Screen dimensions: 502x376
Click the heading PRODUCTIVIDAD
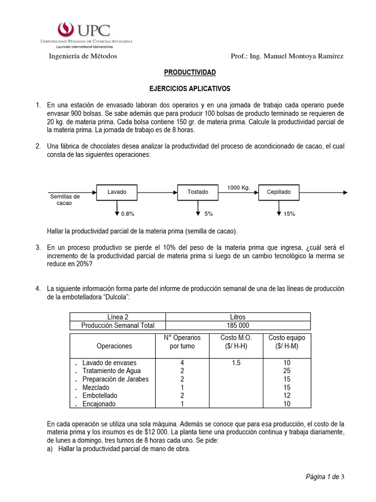click(189, 72)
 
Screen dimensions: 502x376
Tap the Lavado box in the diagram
click(117, 192)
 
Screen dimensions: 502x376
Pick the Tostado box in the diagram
click(198, 192)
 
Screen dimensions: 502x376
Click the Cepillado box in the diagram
click(279, 192)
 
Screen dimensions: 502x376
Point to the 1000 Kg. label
click(238, 187)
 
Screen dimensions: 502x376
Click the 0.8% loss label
click(127, 214)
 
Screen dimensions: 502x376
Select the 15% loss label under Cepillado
click(289, 214)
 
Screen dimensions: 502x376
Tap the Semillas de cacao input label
click(65, 200)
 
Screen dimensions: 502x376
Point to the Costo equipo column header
click(286, 342)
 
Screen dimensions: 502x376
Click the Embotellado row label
click(100, 395)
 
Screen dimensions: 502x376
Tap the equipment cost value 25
click(286, 371)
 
